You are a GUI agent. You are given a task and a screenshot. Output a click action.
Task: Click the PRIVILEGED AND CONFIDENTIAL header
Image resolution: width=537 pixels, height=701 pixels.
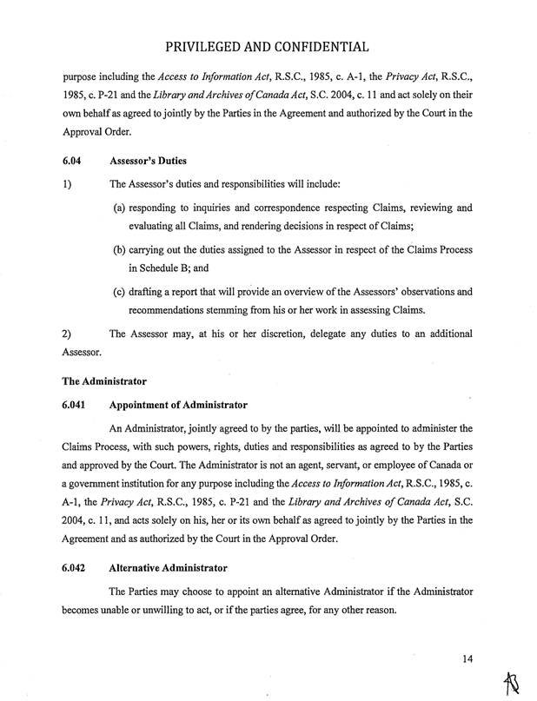coord(268,44)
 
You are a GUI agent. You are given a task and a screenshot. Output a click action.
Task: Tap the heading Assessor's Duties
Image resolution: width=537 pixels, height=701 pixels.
coord(149,161)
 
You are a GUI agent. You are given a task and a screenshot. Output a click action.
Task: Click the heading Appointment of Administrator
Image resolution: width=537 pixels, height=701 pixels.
coord(178,405)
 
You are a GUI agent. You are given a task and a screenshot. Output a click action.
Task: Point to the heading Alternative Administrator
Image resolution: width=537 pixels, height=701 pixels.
coord(169,568)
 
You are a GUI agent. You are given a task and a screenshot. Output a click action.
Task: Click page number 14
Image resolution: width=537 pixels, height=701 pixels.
coord(467,658)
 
